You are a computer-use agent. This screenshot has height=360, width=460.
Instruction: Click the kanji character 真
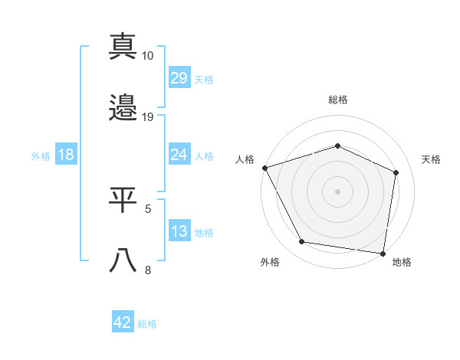123,47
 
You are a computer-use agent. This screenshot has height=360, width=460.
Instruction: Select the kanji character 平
123,199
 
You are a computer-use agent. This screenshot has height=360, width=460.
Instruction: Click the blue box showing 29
179,78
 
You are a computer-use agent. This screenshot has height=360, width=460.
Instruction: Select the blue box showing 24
179,155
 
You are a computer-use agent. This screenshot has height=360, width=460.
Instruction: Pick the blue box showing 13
179,231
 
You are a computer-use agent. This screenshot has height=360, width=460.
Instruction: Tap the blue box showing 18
66,155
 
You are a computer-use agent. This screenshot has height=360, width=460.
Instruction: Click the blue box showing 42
123,322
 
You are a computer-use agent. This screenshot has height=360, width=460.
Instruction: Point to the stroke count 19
148,117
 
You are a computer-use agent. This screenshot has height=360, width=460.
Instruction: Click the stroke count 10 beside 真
148,56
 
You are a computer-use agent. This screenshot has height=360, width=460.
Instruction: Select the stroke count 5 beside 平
148,208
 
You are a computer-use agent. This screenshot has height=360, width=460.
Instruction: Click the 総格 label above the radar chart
338,100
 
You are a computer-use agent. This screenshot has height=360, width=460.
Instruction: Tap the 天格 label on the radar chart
431,159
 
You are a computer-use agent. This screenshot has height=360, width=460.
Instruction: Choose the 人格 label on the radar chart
245,159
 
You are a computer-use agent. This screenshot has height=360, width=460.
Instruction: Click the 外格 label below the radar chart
270,263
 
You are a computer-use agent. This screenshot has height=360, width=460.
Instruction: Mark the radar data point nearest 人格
265,168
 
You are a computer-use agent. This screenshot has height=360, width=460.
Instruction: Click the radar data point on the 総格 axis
338,146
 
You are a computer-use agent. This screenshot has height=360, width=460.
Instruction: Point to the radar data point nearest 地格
383,253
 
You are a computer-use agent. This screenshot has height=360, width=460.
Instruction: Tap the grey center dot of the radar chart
338,191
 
